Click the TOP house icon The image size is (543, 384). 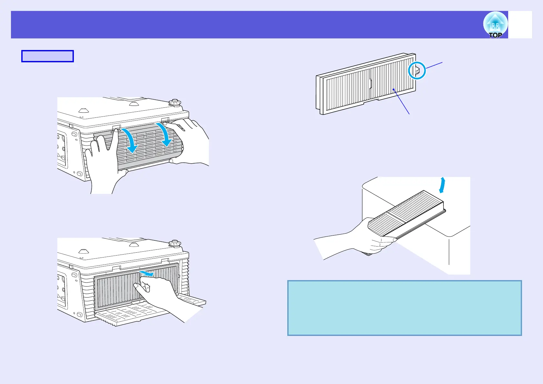coord(495,25)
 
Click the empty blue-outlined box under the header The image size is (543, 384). coord(47,56)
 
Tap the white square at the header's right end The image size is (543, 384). coord(520,25)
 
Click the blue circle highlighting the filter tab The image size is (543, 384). coord(417,70)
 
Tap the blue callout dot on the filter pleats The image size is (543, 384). coord(394,90)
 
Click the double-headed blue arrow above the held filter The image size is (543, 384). coord(442,185)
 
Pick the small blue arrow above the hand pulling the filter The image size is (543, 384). coord(147,274)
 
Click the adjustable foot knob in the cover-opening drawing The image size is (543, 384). coord(175,103)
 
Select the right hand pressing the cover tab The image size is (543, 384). coord(190,139)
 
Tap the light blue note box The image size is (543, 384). coord(404,308)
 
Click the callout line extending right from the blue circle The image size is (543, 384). coord(434,65)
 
